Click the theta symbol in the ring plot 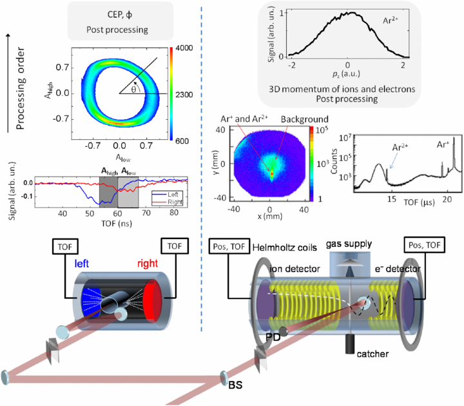tap(133, 90)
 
